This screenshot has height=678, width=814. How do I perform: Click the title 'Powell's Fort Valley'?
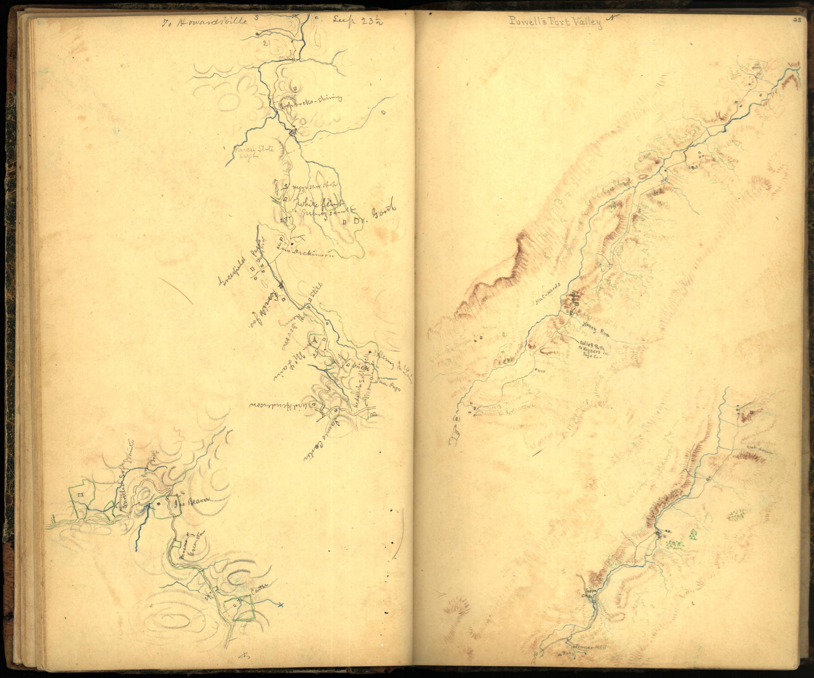click(x=555, y=22)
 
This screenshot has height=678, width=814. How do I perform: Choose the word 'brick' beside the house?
click(x=360, y=367)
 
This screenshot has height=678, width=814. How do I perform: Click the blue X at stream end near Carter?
click(x=280, y=604)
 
